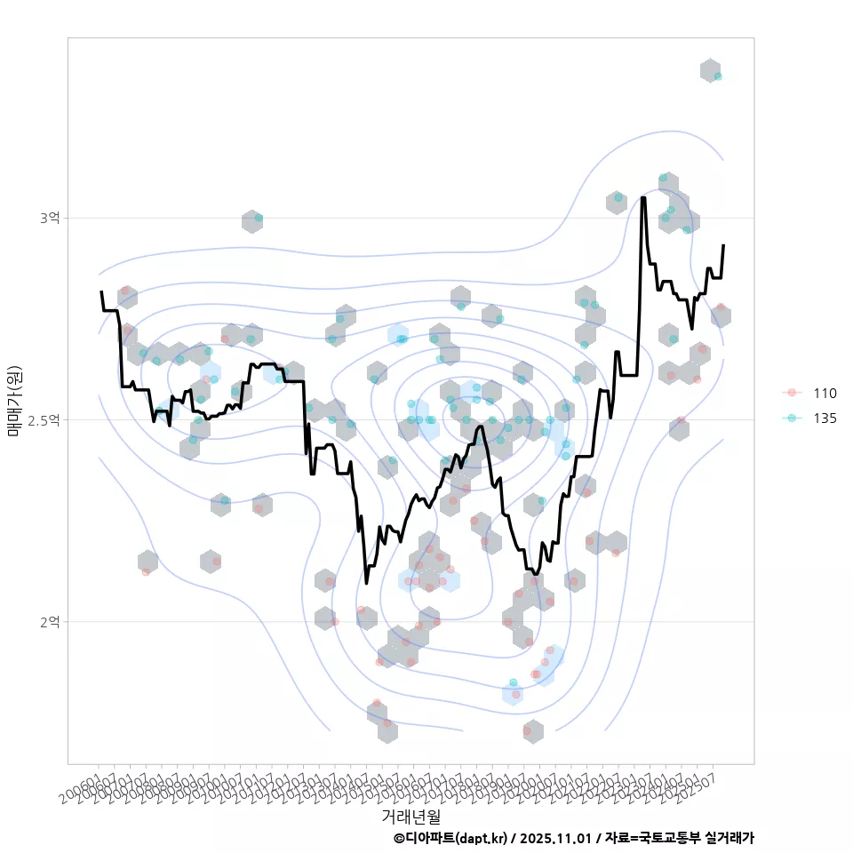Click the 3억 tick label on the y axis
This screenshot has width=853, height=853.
[50, 218]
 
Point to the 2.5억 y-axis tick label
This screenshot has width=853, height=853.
[44, 419]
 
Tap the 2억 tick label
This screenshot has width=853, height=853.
[50, 621]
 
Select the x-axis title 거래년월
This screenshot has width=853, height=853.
[411, 815]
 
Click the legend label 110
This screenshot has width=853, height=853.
[825, 394]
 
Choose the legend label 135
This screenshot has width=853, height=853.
[825, 419]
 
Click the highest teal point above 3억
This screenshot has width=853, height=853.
[718, 76]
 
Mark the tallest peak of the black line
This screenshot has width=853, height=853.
[642, 197]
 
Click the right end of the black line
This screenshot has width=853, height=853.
[723, 245]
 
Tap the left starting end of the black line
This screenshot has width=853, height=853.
[101, 291]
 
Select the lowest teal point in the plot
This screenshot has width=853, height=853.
[513, 682]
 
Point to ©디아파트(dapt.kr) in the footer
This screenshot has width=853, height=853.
[450, 838]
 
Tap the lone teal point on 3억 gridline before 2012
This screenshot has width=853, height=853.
[258, 218]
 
